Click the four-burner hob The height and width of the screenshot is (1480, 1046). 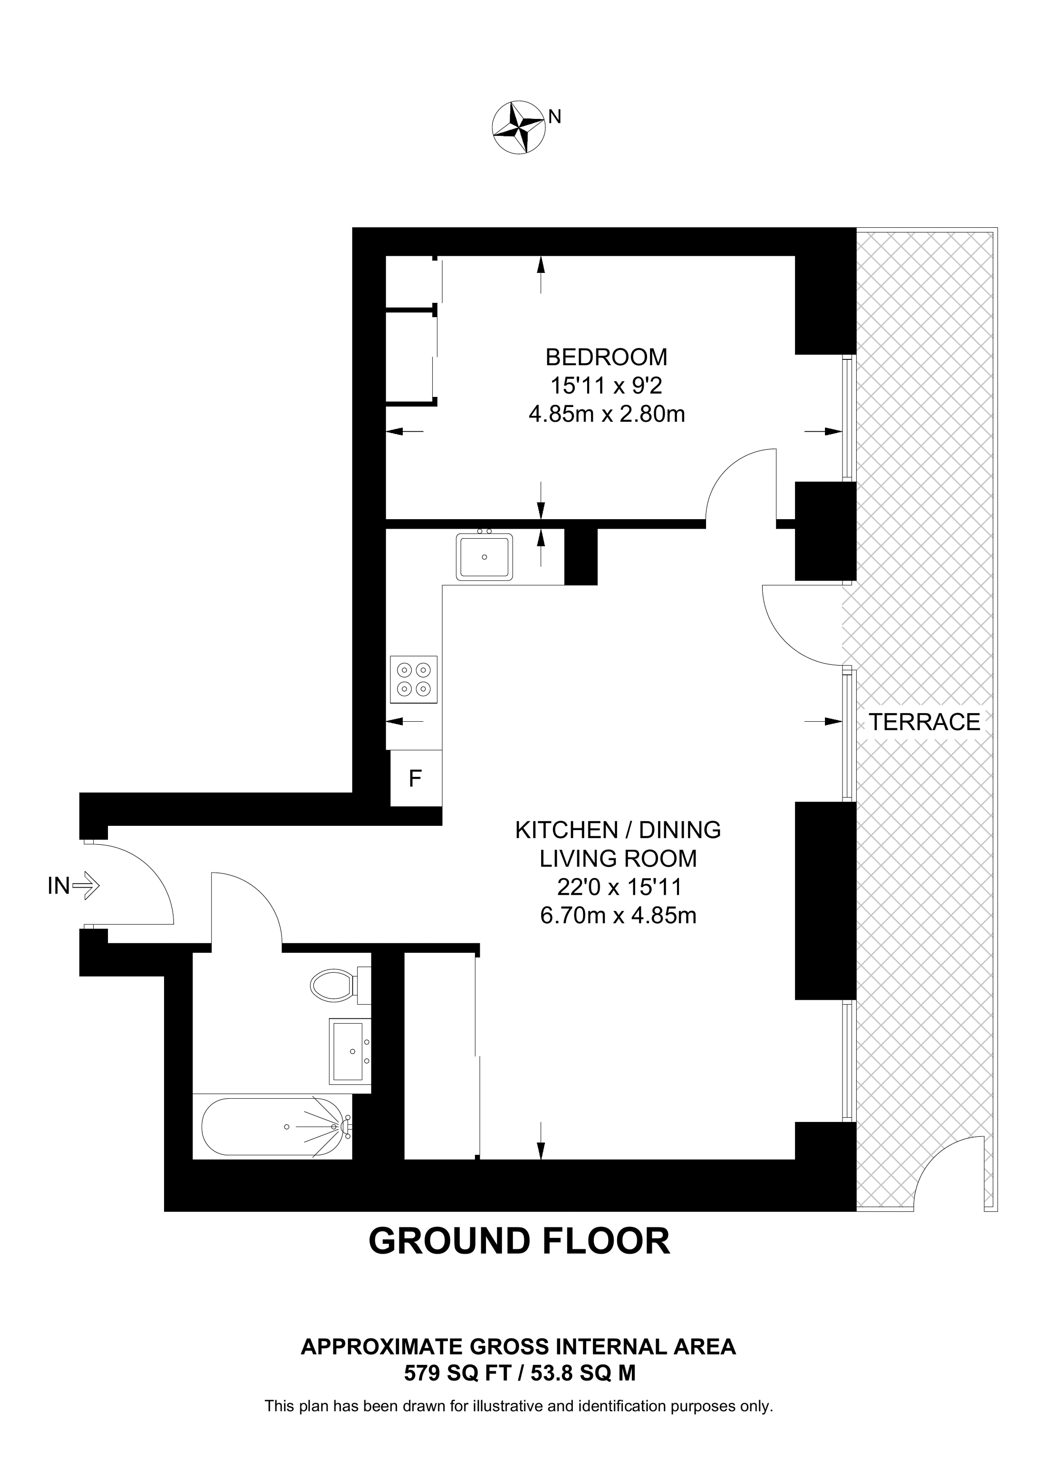click(413, 679)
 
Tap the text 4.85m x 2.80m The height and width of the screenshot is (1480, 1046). click(607, 413)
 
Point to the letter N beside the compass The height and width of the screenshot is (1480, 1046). click(554, 116)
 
